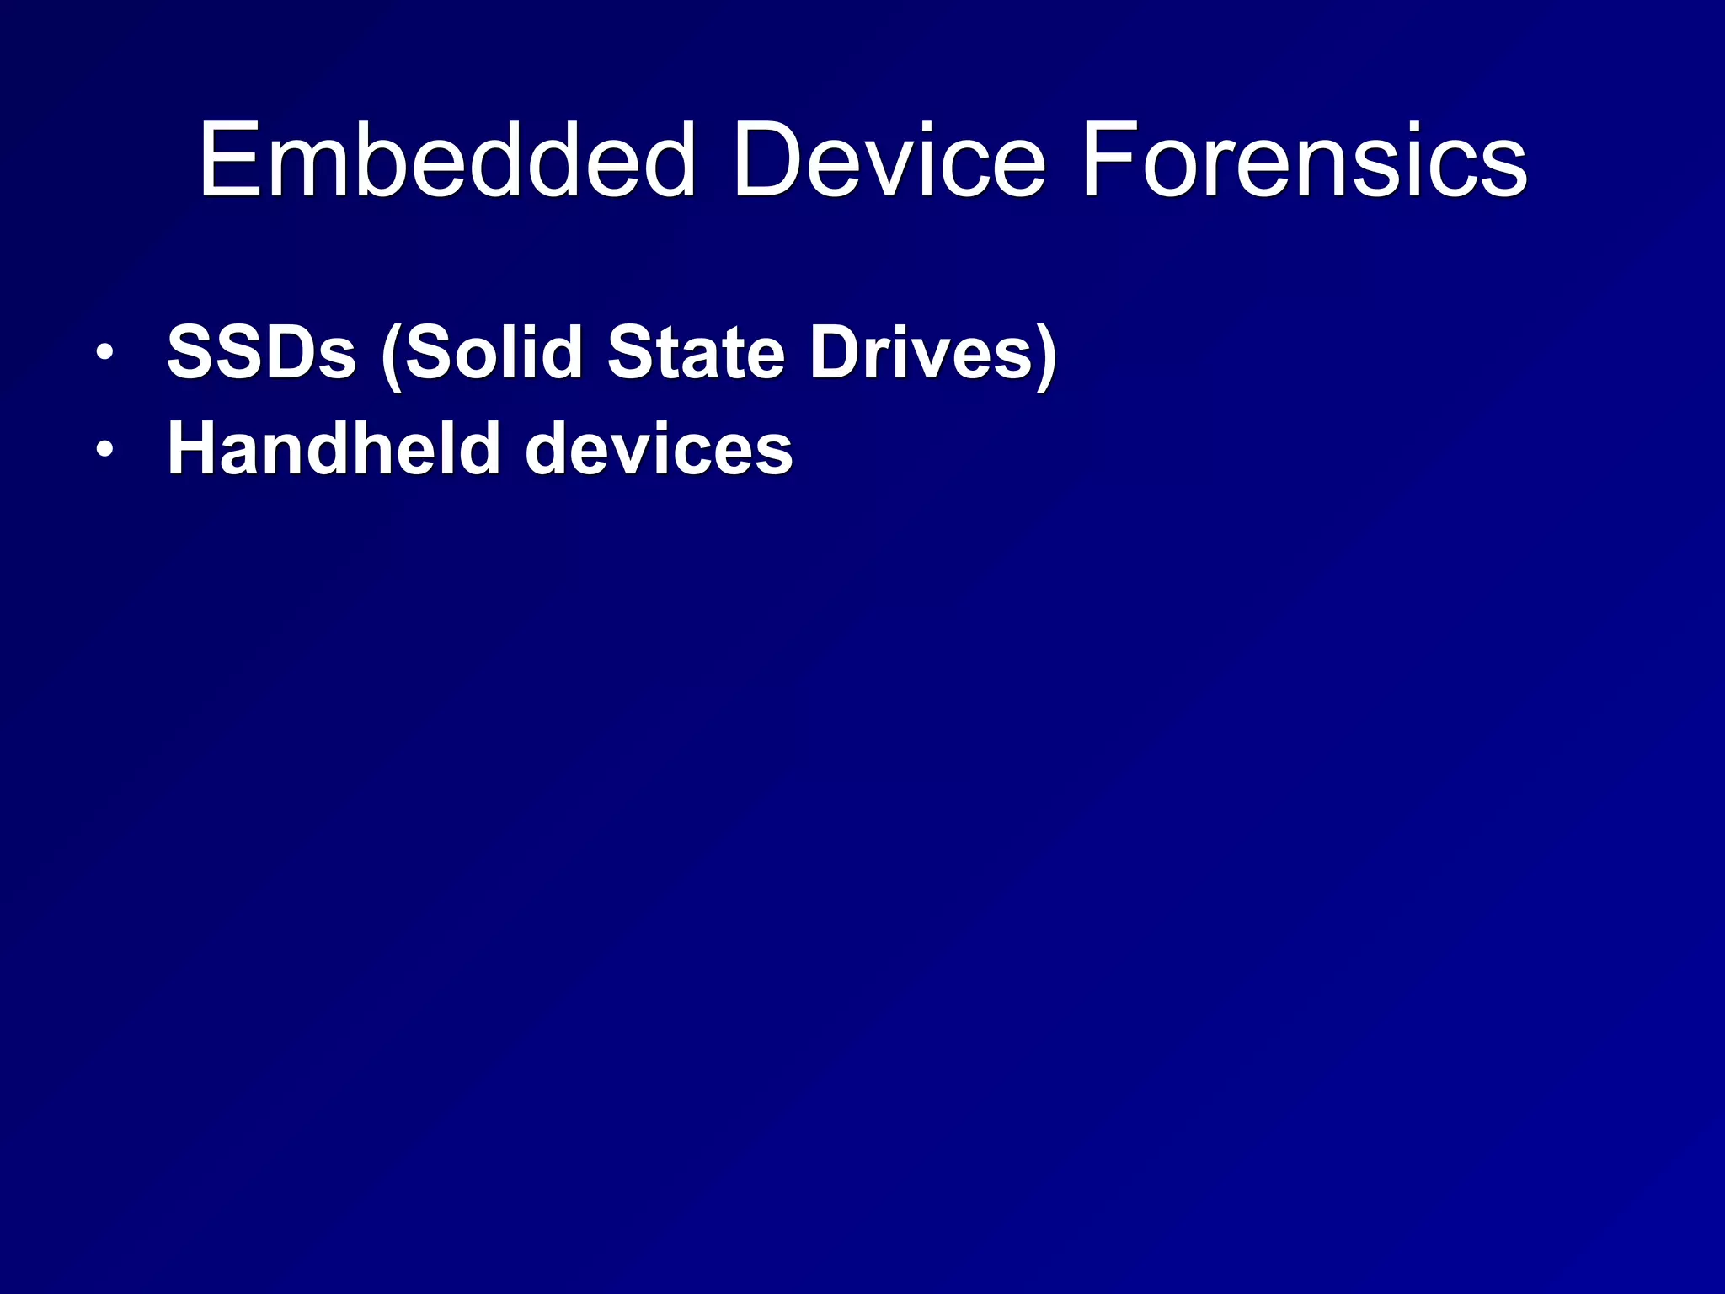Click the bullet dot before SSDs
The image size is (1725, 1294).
click(x=104, y=352)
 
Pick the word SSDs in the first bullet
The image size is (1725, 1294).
click(x=261, y=352)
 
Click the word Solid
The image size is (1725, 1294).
click(x=494, y=352)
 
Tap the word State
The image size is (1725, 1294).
click(x=696, y=352)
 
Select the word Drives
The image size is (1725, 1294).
click(x=921, y=352)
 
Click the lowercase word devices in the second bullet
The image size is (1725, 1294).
click(x=659, y=449)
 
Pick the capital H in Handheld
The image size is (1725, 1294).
click(x=195, y=449)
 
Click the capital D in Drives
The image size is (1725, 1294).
click(x=835, y=352)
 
